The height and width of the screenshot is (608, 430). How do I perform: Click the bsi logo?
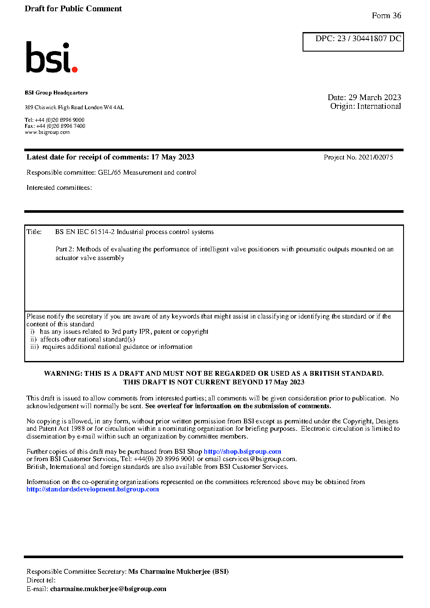point(51,57)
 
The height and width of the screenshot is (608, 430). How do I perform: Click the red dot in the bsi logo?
point(75,69)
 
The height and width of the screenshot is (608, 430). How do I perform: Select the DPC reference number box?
point(353,42)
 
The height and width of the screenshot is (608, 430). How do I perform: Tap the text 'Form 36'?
point(386,16)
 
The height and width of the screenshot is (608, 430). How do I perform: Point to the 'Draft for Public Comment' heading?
point(73,9)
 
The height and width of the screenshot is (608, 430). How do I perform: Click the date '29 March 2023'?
point(375,98)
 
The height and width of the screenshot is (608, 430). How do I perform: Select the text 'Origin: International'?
point(365,106)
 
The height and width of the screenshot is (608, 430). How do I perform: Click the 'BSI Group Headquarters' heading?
point(56,93)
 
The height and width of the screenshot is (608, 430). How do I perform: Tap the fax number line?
point(55,126)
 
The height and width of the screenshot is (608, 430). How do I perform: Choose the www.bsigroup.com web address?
point(47,132)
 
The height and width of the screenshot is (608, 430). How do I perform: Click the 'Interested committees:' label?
point(59,188)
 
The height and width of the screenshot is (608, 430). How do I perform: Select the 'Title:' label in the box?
point(34,232)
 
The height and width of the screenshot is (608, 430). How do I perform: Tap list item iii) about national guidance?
point(111,347)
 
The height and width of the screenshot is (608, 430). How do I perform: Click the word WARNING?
point(63,374)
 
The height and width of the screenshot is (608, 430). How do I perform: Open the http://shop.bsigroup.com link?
point(242,452)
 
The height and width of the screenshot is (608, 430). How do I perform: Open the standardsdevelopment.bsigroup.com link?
point(93,489)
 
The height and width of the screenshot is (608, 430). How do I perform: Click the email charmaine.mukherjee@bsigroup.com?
point(108,589)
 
